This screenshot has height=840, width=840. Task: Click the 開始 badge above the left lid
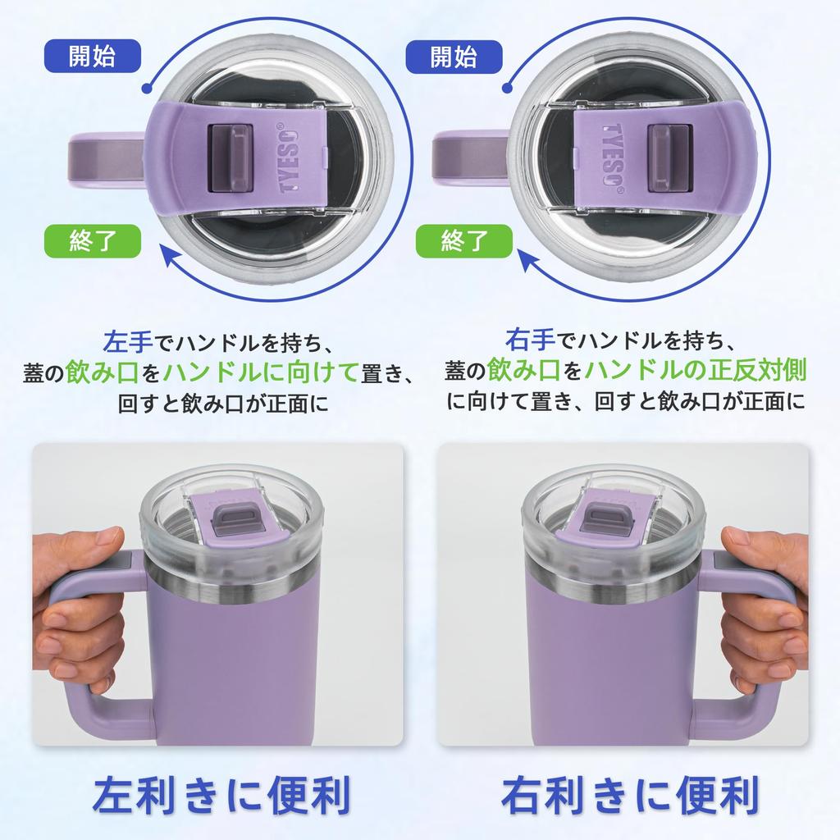click(92, 57)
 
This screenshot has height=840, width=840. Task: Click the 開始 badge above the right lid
click(453, 57)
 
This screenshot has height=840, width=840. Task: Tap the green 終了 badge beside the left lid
click(92, 241)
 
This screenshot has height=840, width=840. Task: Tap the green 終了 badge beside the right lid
click(464, 241)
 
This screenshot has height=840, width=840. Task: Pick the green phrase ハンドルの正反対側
click(696, 371)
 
